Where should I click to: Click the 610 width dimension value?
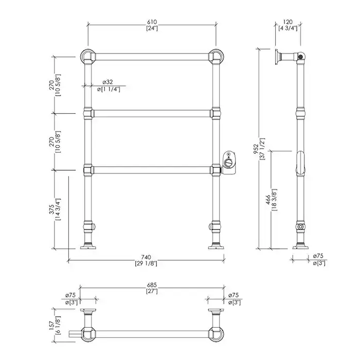pos(152,22)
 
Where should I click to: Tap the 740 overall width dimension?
pos(146,257)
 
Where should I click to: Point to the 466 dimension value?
pos(268,200)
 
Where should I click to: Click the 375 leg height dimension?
pos(51,209)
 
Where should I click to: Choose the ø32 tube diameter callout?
pos(107,82)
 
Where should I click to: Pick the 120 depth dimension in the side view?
pos(287,22)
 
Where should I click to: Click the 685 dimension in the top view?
pos(152,285)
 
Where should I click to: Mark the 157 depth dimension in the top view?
pos(51,325)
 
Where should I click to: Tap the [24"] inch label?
pos(152,28)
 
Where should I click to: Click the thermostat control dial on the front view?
pos(229,163)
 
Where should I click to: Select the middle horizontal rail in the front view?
pos(152,114)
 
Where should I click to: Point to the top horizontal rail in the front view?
pos(152,57)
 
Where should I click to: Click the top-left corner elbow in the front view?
pos(88,57)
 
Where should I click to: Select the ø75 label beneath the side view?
pos(318,256)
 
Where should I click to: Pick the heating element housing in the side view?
pos(300,163)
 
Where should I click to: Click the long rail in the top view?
pos(152,334)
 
